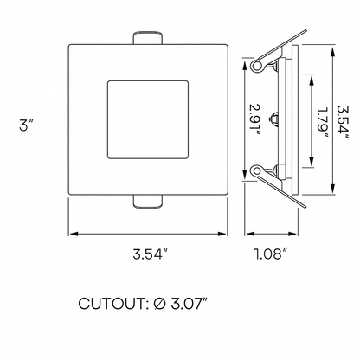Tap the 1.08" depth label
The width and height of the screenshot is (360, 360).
(x=271, y=254)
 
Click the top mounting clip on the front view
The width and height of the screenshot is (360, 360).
(x=148, y=40)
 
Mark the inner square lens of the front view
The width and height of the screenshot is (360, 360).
(x=148, y=120)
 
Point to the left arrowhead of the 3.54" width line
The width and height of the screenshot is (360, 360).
(x=73, y=234)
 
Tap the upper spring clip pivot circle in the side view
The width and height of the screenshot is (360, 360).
(x=257, y=67)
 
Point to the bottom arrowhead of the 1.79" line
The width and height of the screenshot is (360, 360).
(x=309, y=162)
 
